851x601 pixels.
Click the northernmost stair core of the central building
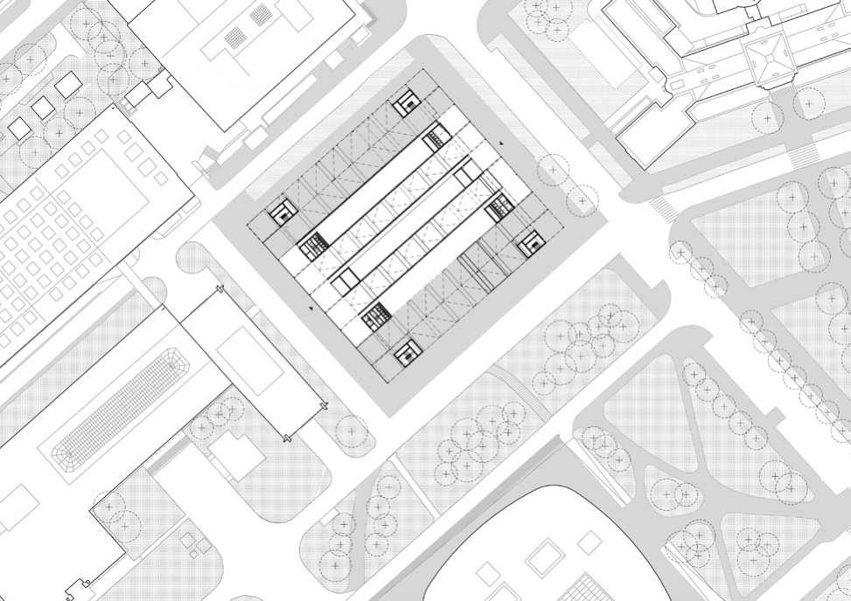pyautogui.click(x=405, y=103)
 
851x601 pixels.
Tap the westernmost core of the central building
pyautogui.click(x=282, y=213)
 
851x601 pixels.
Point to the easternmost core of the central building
pyautogui.click(x=530, y=244)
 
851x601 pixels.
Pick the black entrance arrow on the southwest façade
pyautogui.click(x=311, y=309)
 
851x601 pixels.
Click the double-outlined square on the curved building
pyautogui.click(x=543, y=555)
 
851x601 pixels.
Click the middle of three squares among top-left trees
pyautogui.click(x=41, y=107)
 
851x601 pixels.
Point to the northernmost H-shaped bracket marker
pyautogui.click(x=218, y=289)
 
